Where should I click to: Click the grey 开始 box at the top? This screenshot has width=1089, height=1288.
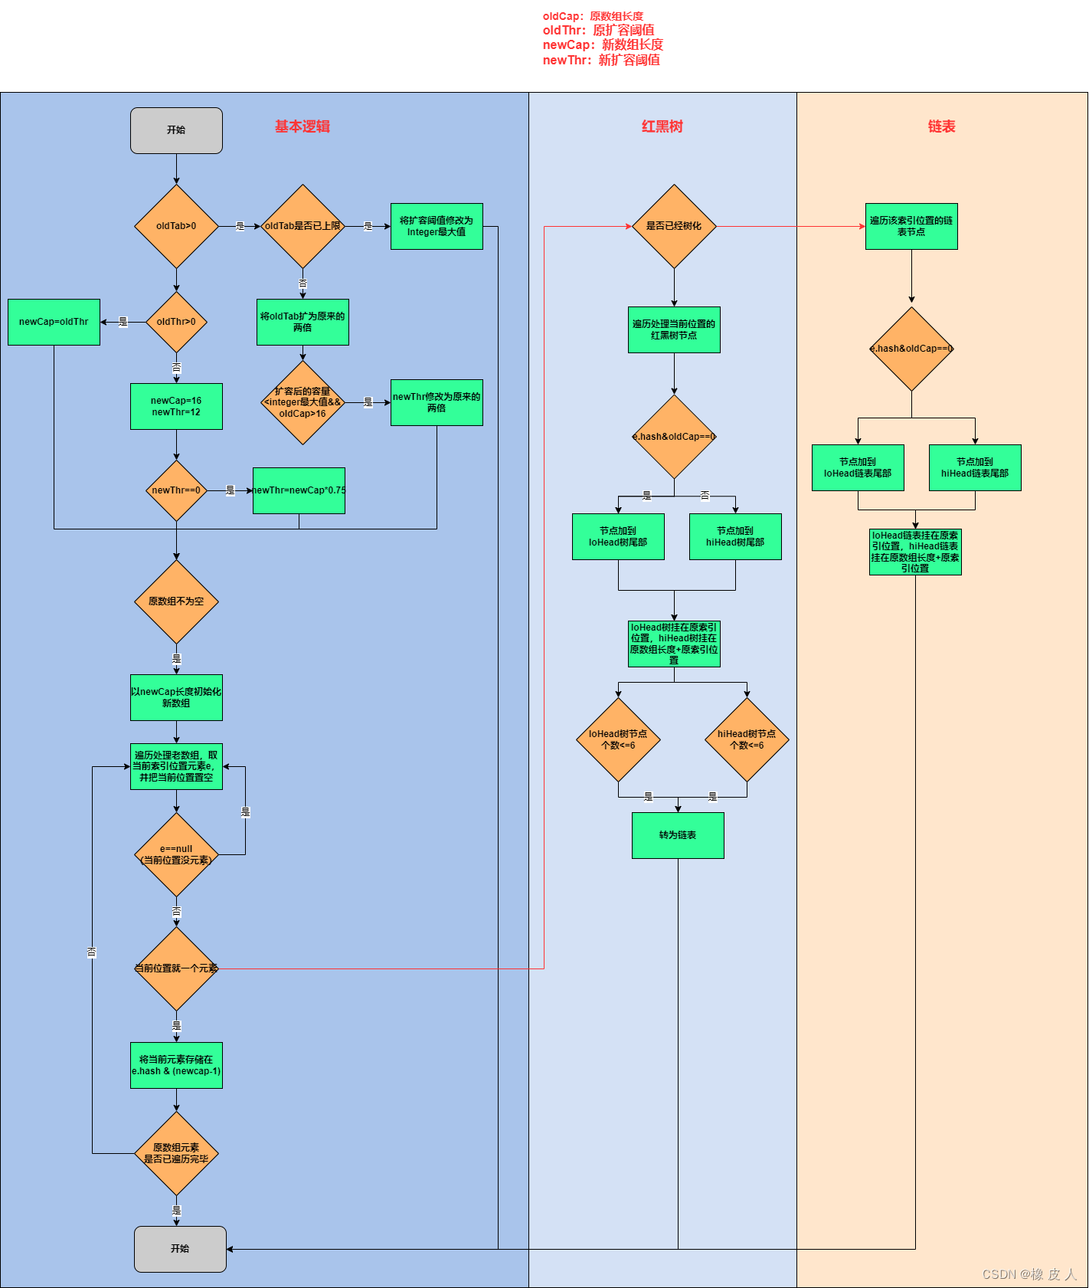[x=176, y=130]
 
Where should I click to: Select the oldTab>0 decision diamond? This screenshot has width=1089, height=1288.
[x=176, y=226]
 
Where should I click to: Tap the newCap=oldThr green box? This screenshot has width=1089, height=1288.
[x=54, y=322]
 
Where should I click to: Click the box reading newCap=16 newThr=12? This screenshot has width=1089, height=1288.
[x=176, y=406]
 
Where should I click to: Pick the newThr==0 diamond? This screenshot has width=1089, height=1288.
[x=176, y=490]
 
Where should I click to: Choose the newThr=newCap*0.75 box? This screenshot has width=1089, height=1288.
[x=299, y=490]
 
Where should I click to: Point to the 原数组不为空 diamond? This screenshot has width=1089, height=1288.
[x=176, y=601]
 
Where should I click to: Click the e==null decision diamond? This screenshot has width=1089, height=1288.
[x=176, y=854]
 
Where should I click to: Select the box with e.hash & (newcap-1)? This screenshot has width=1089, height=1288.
[x=176, y=1065]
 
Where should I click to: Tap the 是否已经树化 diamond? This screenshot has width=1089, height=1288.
[x=674, y=226]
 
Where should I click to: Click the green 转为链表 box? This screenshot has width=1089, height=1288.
[x=678, y=835]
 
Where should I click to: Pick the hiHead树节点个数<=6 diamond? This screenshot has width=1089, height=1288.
[x=747, y=739]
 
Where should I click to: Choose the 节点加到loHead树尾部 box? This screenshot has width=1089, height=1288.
[x=618, y=536]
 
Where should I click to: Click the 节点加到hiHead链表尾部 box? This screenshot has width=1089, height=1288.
[x=975, y=467]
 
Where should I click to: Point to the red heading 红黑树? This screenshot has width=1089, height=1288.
[x=662, y=126]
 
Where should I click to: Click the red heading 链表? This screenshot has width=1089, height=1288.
[x=941, y=126]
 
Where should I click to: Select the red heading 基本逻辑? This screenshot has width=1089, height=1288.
[x=302, y=126]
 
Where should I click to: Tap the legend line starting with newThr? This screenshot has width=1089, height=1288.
[x=601, y=60]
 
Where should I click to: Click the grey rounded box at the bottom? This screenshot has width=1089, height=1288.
[x=180, y=1249]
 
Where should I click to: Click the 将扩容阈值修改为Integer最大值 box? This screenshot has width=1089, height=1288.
[x=437, y=226]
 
